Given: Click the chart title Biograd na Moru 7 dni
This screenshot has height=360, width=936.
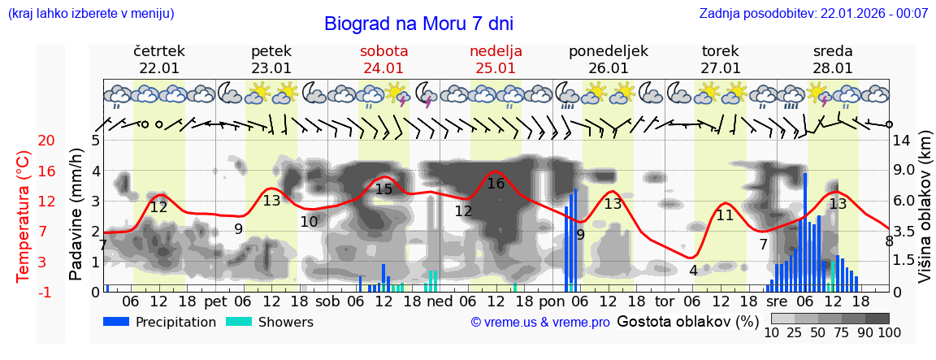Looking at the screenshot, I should [x=418, y=24].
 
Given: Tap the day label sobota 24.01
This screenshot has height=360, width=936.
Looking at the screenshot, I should [x=383, y=59].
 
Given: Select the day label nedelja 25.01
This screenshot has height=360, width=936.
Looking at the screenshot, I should [x=496, y=59].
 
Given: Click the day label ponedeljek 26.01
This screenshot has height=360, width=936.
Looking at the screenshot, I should [x=608, y=59].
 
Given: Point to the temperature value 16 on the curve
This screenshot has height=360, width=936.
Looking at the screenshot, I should [x=496, y=184].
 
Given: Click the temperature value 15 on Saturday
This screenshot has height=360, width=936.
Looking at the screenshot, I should [x=383, y=189].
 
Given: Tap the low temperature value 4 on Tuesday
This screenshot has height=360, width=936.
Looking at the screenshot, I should [x=693, y=270].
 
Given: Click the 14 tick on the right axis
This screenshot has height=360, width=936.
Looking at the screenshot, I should [x=902, y=141].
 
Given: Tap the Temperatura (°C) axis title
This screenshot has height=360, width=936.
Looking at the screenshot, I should [x=23, y=216].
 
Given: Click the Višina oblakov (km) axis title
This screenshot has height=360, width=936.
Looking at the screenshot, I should [x=925, y=216].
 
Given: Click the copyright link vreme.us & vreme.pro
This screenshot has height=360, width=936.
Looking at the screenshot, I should [x=540, y=323].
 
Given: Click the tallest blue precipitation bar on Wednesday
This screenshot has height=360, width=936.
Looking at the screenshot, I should [x=805, y=232].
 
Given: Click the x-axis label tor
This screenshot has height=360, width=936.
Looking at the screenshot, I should [x=665, y=301].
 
